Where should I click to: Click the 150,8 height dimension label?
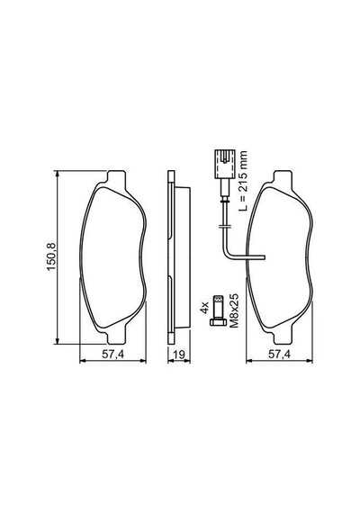[51, 256]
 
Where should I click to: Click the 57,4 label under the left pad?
[112, 354]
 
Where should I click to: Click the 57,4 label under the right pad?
[279, 354]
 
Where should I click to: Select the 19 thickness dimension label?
[179, 355]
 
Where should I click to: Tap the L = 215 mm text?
[242, 181]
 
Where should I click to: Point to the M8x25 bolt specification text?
[234, 310]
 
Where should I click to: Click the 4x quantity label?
[204, 308]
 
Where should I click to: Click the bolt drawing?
[218, 310]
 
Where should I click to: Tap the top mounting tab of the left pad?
[116, 179]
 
